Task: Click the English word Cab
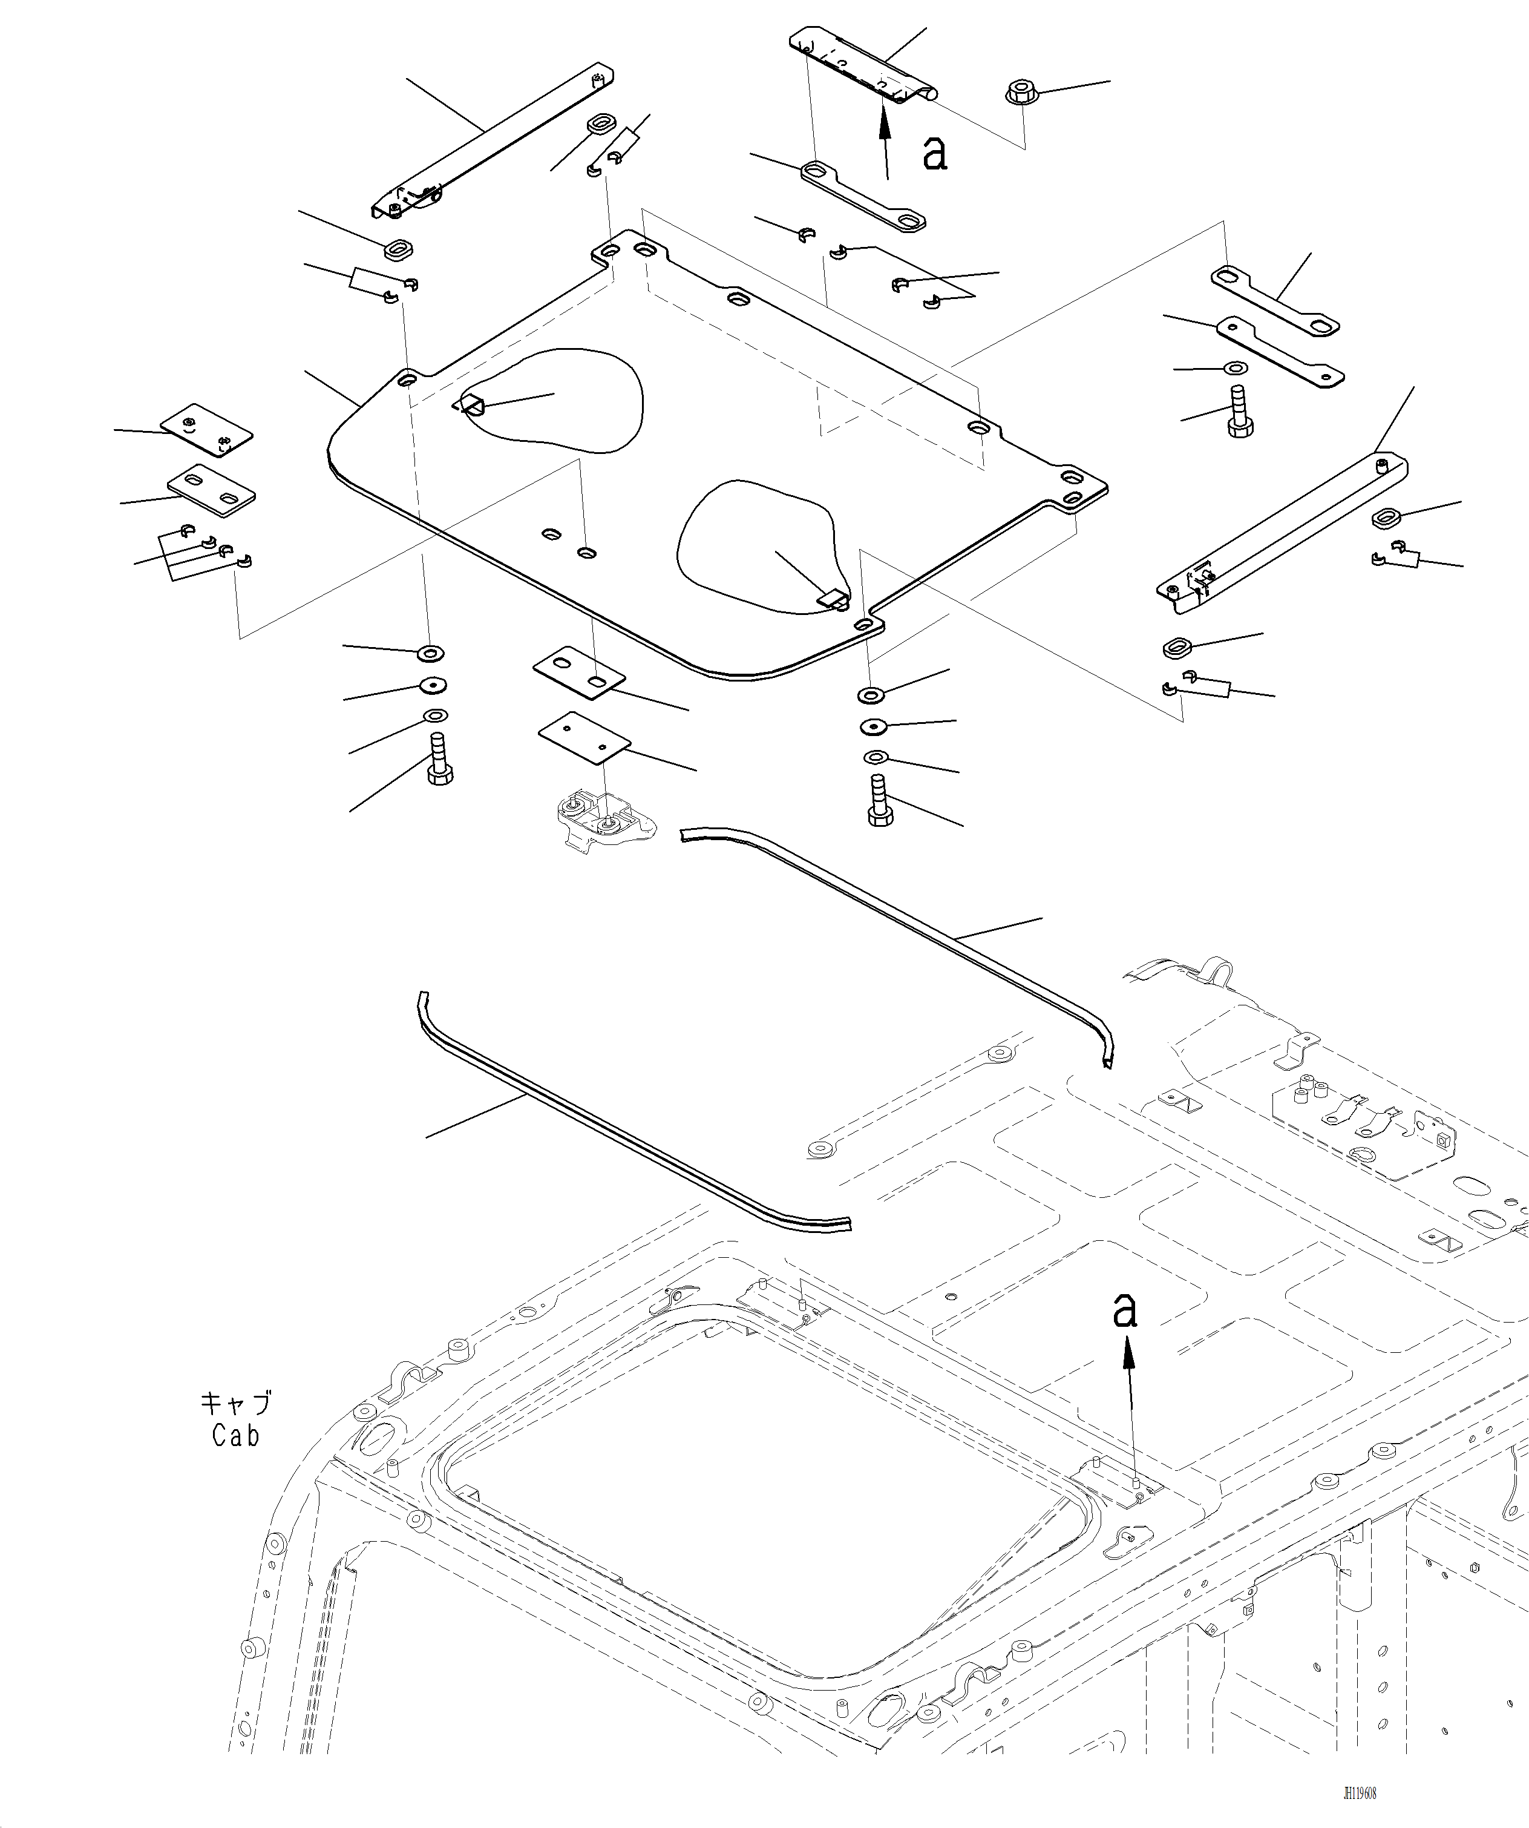tap(235, 1435)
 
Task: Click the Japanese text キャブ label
tap(235, 1402)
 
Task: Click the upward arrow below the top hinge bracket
tap(885, 139)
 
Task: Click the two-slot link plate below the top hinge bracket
tap(862, 196)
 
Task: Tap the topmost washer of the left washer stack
tap(431, 653)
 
